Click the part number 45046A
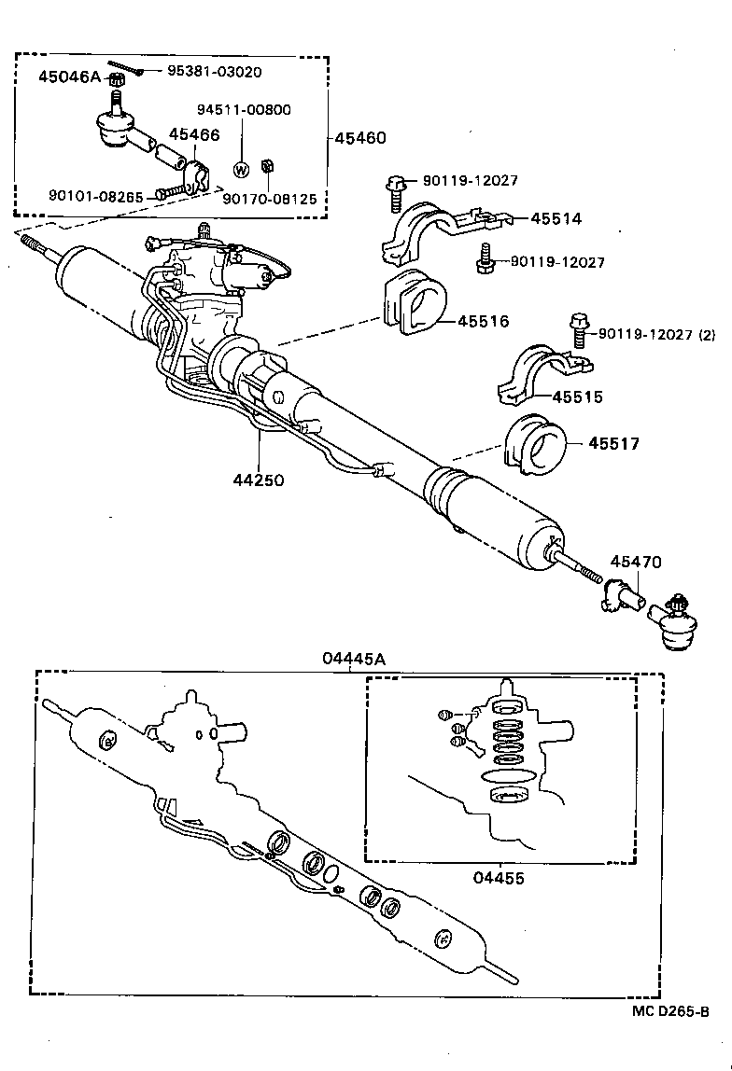pyautogui.click(x=68, y=76)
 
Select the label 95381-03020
pyautogui.click(x=215, y=72)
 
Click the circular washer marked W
pyautogui.click(x=241, y=169)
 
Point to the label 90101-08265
pyautogui.click(x=96, y=196)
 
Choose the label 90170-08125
pyautogui.click(x=269, y=199)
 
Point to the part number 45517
pyautogui.click(x=613, y=443)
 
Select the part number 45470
pyautogui.click(x=636, y=562)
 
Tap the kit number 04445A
pyautogui.click(x=354, y=659)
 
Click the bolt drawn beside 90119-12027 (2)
pyautogui.click(x=577, y=330)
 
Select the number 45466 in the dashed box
pyautogui.click(x=194, y=135)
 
